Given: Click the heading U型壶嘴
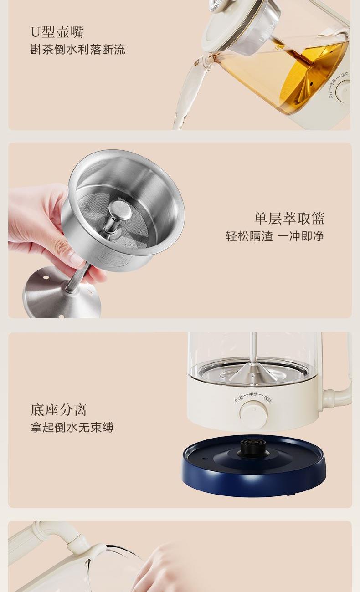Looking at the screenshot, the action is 57,32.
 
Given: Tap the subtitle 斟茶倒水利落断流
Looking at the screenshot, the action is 77,50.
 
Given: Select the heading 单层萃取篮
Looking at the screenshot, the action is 289,218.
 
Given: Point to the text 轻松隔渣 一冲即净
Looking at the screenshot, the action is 275,236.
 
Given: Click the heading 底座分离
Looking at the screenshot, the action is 58,410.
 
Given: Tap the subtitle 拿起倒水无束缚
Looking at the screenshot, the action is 72,427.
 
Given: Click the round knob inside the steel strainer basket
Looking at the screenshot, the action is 120,209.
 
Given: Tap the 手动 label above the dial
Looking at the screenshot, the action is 253,394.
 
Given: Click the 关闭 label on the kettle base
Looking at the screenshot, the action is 238,399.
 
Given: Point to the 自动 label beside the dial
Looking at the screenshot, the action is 267,399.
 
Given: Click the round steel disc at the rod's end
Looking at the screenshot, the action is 62,293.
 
